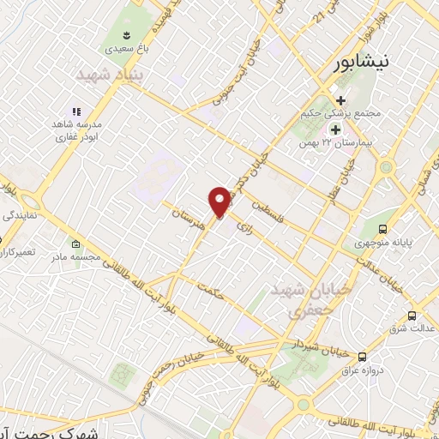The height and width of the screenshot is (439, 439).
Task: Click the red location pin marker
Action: click(x=220, y=202)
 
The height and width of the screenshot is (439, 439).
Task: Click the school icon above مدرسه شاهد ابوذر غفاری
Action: click(x=75, y=111)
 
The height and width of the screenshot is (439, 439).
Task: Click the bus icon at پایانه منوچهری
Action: click(x=382, y=229)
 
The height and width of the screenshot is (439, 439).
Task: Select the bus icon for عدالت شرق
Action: click(x=412, y=315)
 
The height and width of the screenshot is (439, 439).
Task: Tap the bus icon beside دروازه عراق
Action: click(x=362, y=356)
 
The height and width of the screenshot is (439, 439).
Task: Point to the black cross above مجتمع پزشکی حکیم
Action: click(x=340, y=100)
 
